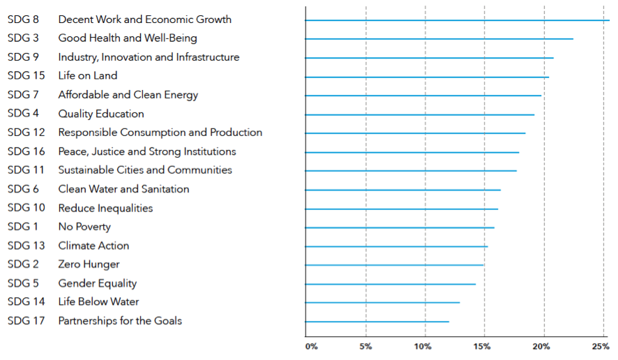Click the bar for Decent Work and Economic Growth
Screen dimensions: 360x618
[x=457, y=20]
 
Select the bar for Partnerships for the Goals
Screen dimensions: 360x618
[x=377, y=322]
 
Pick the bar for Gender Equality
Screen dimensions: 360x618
[x=390, y=284]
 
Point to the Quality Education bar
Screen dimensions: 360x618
[x=419, y=114]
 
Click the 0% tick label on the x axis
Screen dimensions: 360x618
[x=311, y=347]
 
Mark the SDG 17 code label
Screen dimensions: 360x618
[x=25, y=321]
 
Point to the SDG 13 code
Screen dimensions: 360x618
[x=25, y=246]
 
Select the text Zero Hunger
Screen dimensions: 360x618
[x=89, y=264]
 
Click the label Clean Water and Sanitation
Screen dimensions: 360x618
[x=123, y=189]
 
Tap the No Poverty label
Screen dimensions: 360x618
[x=84, y=227]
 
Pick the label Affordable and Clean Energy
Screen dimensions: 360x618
[x=128, y=95]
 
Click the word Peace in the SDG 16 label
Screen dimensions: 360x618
[x=72, y=151]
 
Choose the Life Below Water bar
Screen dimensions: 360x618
[x=382, y=303]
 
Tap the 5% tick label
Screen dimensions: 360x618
[x=365, y=347]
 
